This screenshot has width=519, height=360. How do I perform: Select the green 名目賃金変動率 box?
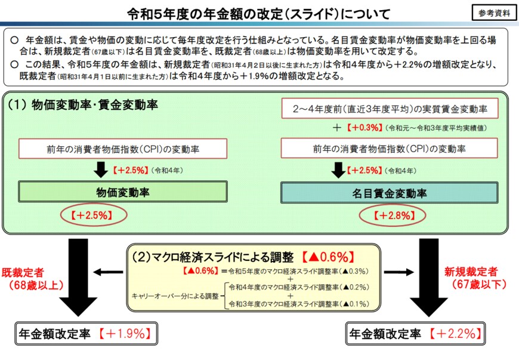tap(389, 192)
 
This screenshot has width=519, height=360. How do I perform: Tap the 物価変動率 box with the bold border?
tap(123, 192)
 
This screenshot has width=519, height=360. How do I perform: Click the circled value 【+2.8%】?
tap(390, 215)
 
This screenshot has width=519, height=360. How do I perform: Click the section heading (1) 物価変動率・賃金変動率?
tap(83, 105)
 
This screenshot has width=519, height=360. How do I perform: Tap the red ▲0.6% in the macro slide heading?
tap(325, 257)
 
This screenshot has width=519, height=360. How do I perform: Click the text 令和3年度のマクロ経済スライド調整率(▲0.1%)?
tap(299, 304)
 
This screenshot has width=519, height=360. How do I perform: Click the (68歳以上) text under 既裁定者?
tap(35, 285)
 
